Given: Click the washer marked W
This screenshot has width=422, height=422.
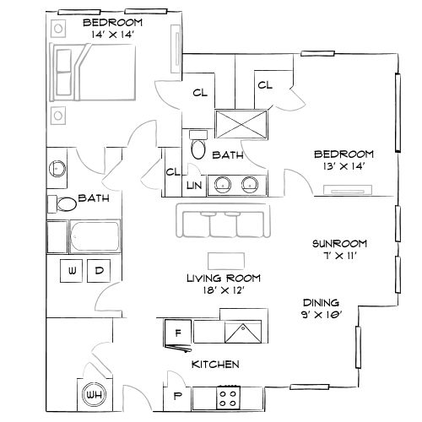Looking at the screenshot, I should click(x=72, y=271).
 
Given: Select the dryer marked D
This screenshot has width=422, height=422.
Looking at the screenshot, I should click(x=98, y=271).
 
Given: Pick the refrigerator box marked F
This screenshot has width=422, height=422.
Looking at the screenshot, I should click(x=177, y=331).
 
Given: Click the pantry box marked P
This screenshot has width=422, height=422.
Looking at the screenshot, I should click(x=178, y=396).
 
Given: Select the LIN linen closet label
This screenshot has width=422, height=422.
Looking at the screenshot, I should click(x=193, y=184).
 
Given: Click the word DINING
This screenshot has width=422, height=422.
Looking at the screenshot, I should click(x=322, y=302).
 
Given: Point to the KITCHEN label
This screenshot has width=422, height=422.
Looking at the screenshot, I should click(x=214, y=364).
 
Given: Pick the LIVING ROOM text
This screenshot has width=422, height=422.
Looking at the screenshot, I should click(x=223, y=278).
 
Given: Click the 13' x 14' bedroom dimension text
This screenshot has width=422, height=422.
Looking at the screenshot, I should click(x=343, y=168).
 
